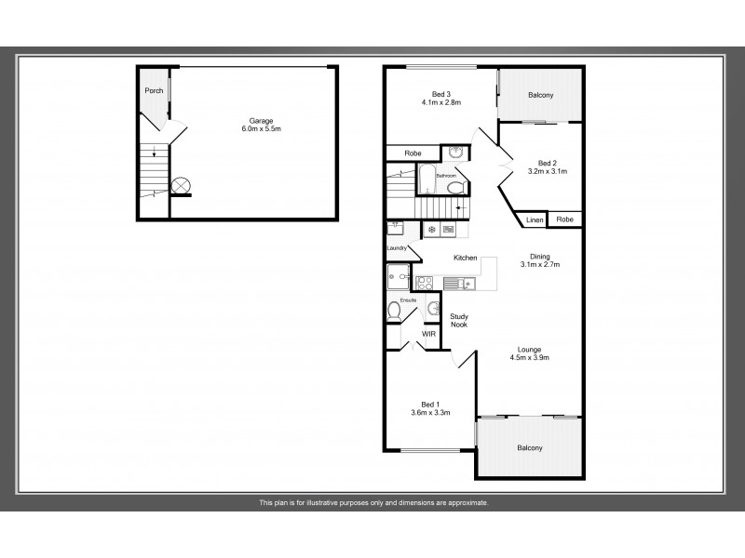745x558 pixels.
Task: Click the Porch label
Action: [153, 91]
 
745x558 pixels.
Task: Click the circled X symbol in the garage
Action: [179, 185]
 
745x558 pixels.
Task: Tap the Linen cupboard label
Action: [534, 220]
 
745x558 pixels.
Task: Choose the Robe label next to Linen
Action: [564, 220]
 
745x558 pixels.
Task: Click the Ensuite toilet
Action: [395, 313]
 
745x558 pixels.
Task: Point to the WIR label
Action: [429, 334]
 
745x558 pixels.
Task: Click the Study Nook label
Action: [458, 321]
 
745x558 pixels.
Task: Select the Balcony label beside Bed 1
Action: [530, 448]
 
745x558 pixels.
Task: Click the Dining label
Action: [540, 257]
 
